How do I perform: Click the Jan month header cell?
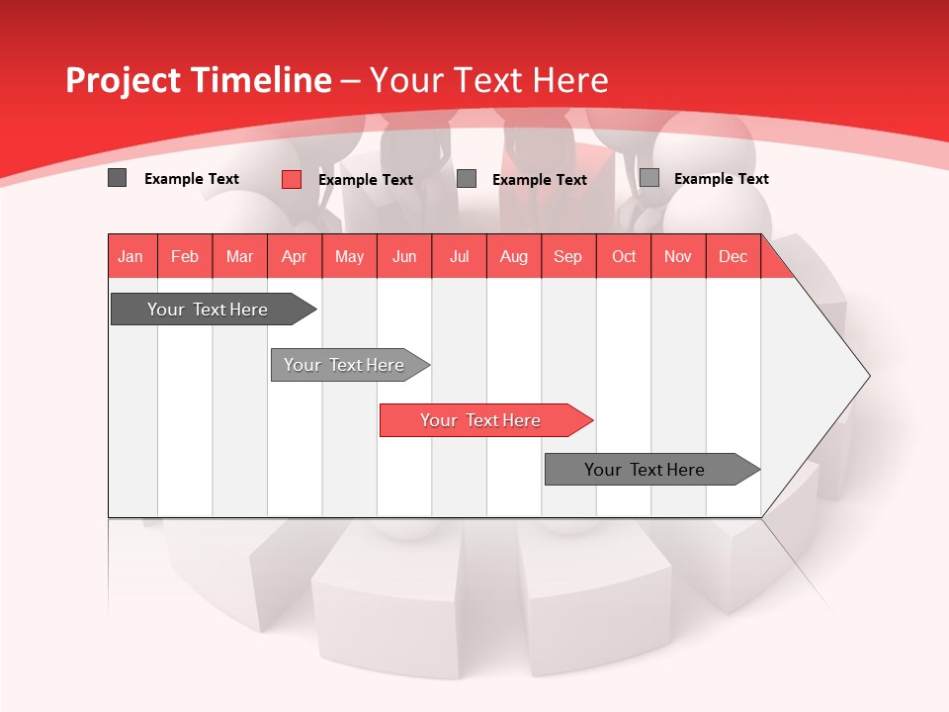(130, 257)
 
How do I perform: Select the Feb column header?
(185, 257)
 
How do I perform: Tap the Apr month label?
(294, 257)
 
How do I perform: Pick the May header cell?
(349, 257)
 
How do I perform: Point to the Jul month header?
(459, 257)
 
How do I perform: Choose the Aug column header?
(513, 257)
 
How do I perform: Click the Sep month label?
(567, 257)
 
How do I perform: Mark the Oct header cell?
(624, 257)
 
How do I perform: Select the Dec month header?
(733, 257)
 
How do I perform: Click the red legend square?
(292, 179)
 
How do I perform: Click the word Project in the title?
(123, 80)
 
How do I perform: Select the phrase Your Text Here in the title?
(489, 80)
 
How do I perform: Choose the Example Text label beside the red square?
(365, 180)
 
